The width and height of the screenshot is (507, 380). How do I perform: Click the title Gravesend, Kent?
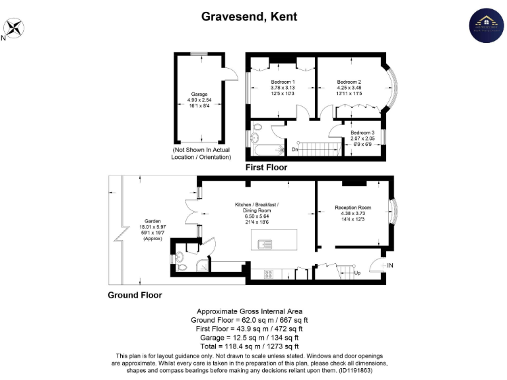pos(249,16)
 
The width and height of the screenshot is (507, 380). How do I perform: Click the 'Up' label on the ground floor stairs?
pos(358,272)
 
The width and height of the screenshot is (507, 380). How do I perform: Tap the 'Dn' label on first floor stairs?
pos(295,150)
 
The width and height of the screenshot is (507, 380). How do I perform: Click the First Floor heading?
pos(266,168)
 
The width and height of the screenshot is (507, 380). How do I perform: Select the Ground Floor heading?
pos(135,295)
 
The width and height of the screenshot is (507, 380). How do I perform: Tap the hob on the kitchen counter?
pos(269,272)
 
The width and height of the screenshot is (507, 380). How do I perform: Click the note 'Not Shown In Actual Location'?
pos(199,154)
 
